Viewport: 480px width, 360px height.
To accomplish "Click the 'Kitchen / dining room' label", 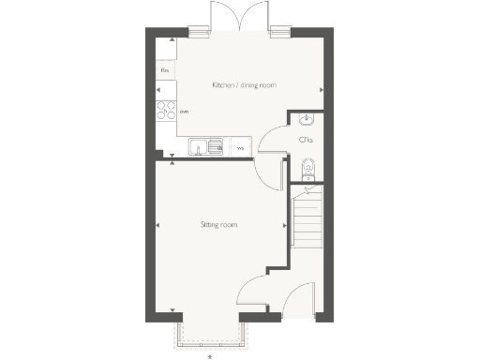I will (x=244, y=85).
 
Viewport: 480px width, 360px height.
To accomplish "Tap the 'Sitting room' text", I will (x=217, y=225).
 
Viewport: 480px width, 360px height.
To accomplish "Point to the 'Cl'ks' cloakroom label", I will (x=305, y=140).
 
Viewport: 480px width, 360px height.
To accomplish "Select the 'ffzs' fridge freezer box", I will (x=165, y=70).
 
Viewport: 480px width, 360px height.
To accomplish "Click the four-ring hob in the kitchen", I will (x=165, y=112).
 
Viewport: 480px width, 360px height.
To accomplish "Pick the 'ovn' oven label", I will (x=185, y=112).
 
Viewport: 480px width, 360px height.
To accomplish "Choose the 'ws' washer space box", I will (x=240, y=147).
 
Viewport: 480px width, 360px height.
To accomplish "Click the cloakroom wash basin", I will (x=305, y=118).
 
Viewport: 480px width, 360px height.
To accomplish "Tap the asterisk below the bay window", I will (x=210, y=354).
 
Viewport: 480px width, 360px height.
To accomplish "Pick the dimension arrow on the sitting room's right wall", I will (x=285, y=225).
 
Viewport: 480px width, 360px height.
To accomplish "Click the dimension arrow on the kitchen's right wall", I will (x=322, y=90).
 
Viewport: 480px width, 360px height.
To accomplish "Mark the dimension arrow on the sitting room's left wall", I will (x=157, y=225).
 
